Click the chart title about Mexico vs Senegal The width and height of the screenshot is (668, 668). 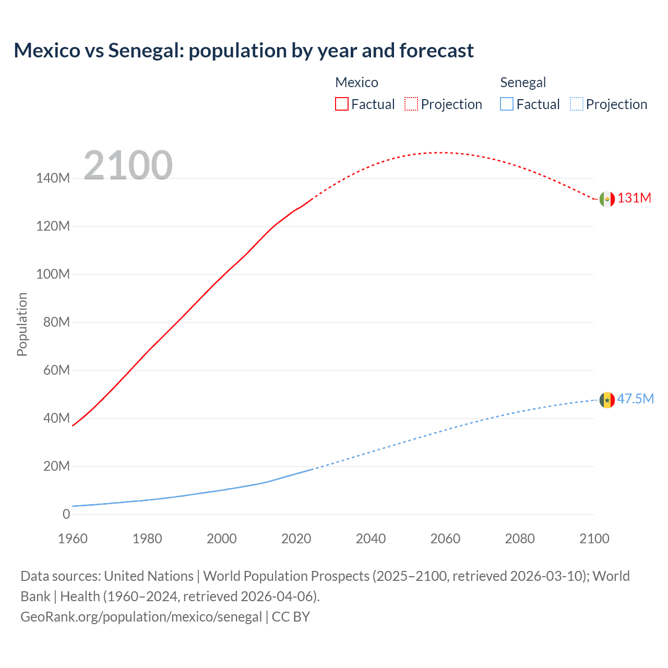click(244, 51)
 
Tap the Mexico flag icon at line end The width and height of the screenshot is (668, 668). click(607, 199)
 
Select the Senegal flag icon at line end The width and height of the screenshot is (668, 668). click(607, 400)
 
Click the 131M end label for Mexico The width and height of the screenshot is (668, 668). click(634, 198)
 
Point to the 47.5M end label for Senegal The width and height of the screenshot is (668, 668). click(635, 399)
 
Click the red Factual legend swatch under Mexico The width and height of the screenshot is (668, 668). click(342, 104)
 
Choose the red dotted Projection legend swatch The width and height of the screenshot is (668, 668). click(411, 104)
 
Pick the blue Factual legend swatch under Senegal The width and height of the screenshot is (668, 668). click(507, 104)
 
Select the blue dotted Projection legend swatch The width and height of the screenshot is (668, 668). click(576, 104)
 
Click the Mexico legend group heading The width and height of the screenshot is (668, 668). click(356, 82)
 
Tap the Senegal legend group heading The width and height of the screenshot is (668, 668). click(523, 82)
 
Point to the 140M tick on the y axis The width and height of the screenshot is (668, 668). click(53, 178)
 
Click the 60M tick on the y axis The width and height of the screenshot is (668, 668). click(56, 371)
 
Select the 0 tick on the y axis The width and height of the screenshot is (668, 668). click(66, 515)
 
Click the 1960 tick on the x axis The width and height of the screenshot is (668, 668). click(73, 539)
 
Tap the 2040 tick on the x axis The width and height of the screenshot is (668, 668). click(371, 539)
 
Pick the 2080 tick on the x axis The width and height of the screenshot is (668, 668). click(520, 539)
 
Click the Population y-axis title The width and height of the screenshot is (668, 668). click(22, 324)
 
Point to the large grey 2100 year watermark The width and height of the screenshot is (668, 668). click(128, 165)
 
